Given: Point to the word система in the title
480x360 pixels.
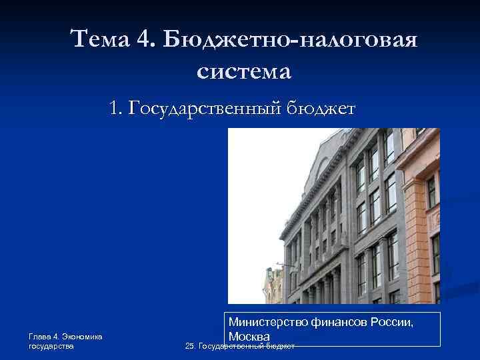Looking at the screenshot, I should (x=245, y=70).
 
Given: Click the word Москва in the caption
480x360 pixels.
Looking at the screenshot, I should (x=248, y=336).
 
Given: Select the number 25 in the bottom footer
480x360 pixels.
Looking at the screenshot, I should (x=190, y=347).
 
